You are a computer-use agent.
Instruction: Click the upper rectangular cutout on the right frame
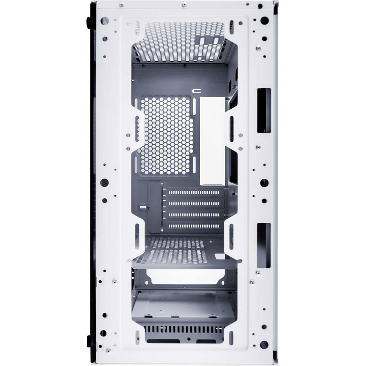coord(264,110)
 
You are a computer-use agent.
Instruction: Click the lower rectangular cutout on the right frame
coord(264,245)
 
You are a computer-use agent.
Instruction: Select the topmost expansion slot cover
coord(194,193)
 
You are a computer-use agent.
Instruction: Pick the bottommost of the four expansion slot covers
coord(194,226)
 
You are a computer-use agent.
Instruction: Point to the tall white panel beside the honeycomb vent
coord(212,141)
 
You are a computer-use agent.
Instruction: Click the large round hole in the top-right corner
coord(264,20)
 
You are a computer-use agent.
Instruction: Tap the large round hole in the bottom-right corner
coord(264,345)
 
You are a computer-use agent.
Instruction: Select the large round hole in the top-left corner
coord(104,21)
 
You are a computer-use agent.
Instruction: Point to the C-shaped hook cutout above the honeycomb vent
coord(196,91)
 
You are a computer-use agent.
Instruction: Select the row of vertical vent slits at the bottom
coord(184,330)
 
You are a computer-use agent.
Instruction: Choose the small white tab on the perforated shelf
coord(220,256)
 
